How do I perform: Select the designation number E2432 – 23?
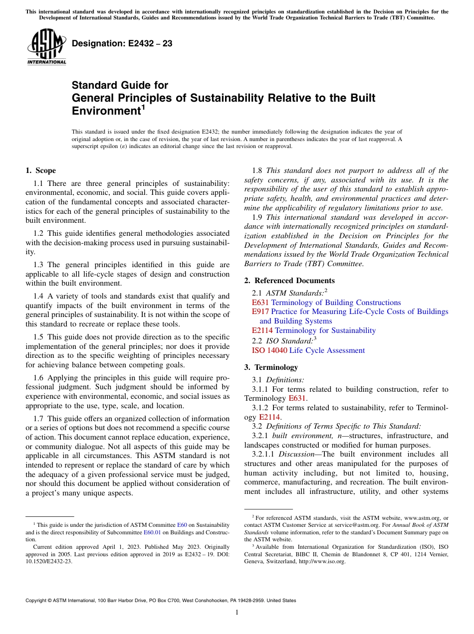click(122, 44)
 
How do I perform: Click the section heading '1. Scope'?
click(40, 170)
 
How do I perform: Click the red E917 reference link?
click(260, 312)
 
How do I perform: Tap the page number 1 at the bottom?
click(237, 613)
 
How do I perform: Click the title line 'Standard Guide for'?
click(120, 85)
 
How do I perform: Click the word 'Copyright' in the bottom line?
click(37, 601)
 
